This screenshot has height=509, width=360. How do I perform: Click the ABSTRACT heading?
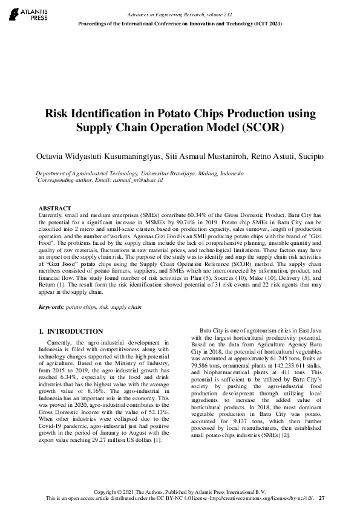54,209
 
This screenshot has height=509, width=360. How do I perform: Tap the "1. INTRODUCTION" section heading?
71,331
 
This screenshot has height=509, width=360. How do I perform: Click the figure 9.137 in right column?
231,404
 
